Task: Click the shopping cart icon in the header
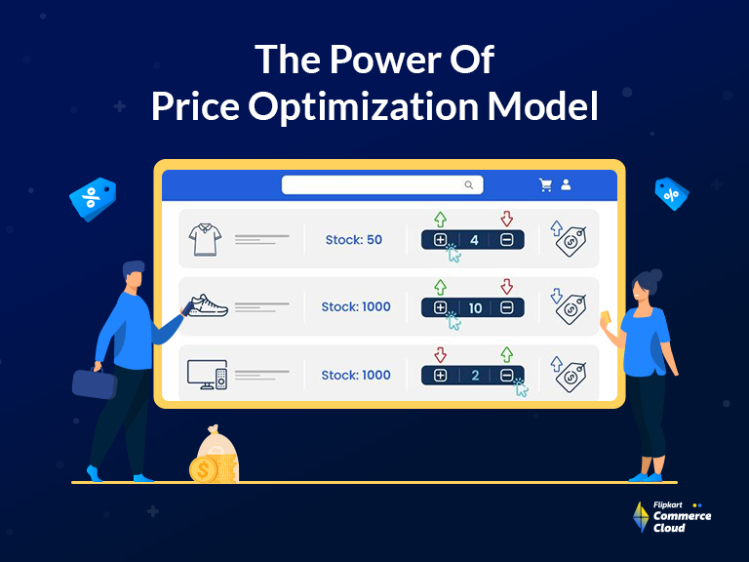pyautogui.click(x=546, y=184)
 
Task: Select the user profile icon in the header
pyautogui.click(x=567, y=184)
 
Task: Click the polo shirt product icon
pyautogui.click(x=208, y=238)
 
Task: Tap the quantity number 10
pyautogui.click(x=475, y=307)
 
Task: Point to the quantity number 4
pyautogui.click(x=475, y=239)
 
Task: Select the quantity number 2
pyautogui.click(x=475, y=376)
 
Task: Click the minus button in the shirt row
pyautogui.click(x=507, y=239)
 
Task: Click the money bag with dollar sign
pyautogui.click(x=215, y=458)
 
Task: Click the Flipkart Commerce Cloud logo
pyautogui.click(x=672, y=517)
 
